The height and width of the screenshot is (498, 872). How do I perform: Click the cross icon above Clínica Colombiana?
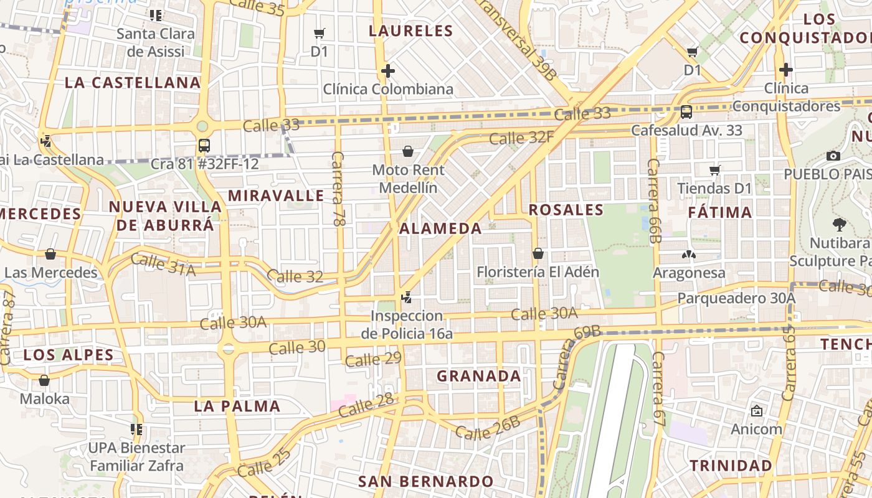click(x=387, y=71)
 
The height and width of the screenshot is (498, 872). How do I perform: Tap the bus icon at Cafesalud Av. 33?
click(x=686, y=112)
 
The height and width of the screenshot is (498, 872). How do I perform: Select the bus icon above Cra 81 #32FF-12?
click(x=204, y=146)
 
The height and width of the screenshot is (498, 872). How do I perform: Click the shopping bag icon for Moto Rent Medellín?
click(x=408, y=151)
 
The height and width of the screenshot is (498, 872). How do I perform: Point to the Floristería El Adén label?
click(x=538, y=272)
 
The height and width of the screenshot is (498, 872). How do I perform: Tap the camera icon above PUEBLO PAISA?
click(x=833, y=156)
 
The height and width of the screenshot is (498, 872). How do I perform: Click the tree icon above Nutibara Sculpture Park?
click(x=839, y=225)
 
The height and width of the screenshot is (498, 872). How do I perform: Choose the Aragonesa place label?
click(x=689, y=273)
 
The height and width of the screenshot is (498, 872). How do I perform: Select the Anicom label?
click(x=756, y=429)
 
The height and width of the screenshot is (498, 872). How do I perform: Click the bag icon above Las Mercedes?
click(x=50, y=254)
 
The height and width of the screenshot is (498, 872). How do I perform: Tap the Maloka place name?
click(x=45, y=398)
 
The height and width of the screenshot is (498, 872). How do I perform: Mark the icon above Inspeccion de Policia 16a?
click(x=406, y=298)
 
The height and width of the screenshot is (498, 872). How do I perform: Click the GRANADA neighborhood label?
click(x=478, y=376)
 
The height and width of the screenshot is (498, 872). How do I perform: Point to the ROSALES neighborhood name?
click(x=566, y=210)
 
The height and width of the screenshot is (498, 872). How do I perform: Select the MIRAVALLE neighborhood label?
click(x=275, y=195)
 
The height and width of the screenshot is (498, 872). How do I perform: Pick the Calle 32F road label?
click(x=521, y=137)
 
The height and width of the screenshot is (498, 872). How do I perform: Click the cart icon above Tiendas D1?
click(x=714, y=170)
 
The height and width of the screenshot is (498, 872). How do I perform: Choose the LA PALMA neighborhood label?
click(x=237, y=406)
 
